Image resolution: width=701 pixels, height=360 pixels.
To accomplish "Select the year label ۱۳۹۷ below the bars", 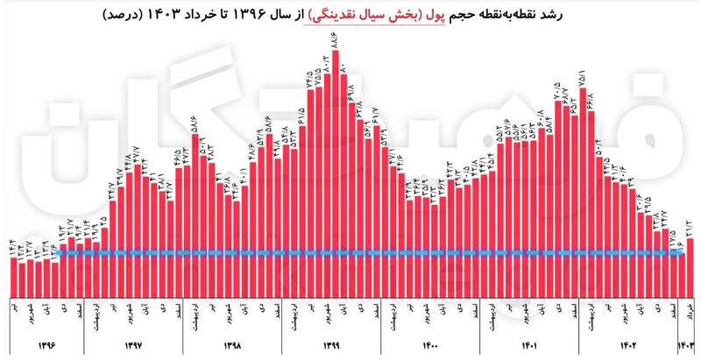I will pos(133,345).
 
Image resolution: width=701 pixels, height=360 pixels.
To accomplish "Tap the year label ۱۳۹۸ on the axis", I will pos(232,345).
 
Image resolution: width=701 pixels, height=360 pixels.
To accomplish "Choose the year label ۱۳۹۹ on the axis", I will pos(331,345).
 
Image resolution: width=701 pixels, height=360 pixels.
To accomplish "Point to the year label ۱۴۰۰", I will pos(431,345).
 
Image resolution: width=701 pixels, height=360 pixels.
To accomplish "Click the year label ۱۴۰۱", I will pos(531,345).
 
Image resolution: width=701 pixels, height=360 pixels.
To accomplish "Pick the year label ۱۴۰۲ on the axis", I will pos(630,345).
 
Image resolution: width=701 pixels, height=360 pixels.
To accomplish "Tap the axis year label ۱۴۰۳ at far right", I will pos(690,345).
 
